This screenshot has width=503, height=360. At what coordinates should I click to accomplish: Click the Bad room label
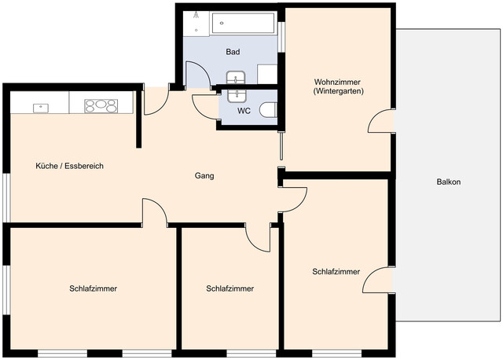(232, 53)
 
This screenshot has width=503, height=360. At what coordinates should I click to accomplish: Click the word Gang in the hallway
(204, 175)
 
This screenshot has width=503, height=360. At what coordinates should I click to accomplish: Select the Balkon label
(448, 182)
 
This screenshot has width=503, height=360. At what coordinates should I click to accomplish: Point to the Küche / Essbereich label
(70, 167)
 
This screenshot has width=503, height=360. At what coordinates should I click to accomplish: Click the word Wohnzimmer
(338, 82)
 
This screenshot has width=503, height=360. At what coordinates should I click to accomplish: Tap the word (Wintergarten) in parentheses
(338, 92)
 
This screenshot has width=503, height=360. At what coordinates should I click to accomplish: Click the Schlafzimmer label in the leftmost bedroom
(93, 288)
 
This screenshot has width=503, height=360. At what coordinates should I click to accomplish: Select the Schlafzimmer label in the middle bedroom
(229, 288)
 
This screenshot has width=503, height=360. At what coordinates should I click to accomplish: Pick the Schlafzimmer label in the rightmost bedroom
(336, 272)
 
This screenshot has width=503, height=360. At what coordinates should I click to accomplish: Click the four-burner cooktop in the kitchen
(101, 105)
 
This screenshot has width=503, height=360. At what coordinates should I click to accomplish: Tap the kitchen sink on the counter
(41, 106)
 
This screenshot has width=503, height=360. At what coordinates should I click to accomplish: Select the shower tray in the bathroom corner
(196, 24)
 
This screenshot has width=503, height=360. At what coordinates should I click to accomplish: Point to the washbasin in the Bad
(236, 77)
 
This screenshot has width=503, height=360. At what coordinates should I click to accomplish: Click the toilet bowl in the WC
(267, 111)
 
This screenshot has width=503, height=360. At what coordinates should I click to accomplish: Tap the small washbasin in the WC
(236, 95)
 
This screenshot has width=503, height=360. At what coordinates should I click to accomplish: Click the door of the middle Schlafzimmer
(258, 237)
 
